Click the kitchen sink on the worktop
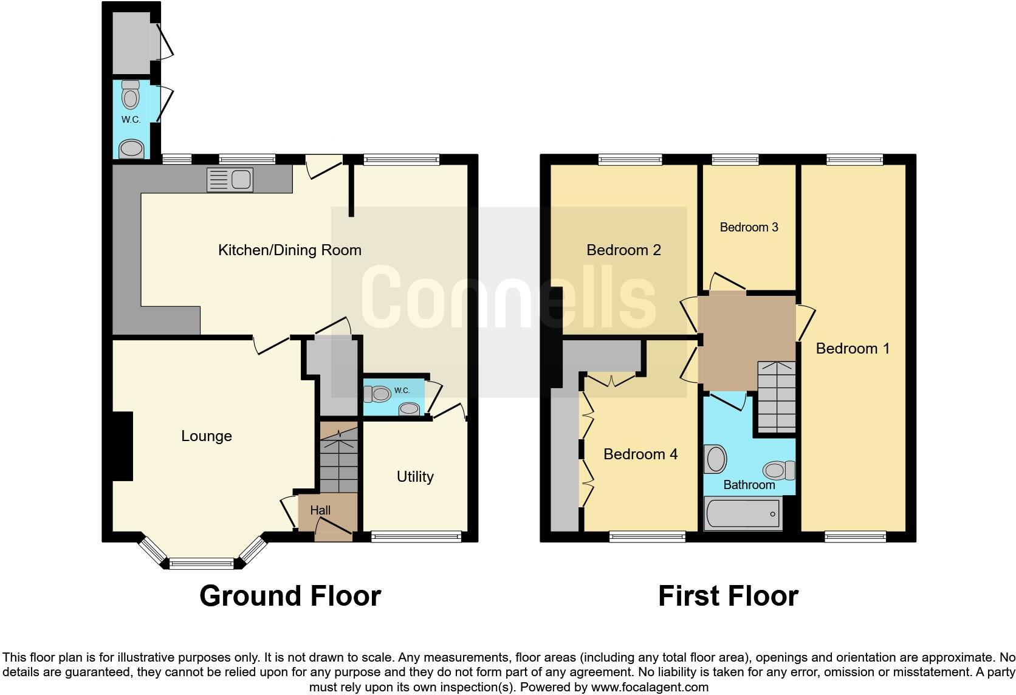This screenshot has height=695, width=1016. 230,180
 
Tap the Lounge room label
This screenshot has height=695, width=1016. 207,436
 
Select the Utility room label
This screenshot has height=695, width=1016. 415,477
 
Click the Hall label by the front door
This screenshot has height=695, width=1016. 320,510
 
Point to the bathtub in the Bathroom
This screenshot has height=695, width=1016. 743,514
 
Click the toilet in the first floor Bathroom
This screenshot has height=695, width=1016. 778,470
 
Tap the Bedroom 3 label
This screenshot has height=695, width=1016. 749,227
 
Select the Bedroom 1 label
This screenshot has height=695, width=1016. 853,349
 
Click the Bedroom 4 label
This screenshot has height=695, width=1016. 640,454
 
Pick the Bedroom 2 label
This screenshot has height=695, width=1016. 623,250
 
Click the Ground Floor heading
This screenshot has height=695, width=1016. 290,596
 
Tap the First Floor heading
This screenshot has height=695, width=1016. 728,596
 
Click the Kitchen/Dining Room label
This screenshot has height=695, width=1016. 289,250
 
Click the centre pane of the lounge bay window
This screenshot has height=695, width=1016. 201,564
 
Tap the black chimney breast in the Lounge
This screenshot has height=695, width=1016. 123,447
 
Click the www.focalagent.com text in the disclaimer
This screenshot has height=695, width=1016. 650,688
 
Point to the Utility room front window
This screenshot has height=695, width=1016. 416,536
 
